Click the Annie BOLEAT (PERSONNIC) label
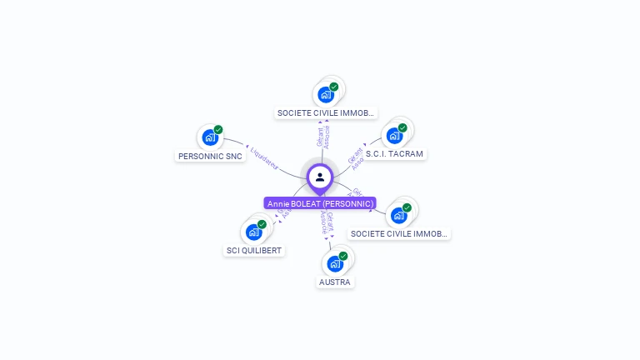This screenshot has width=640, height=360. pos(320,203)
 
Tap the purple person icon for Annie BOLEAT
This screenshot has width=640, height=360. pos(320,177)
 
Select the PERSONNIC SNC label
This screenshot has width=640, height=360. pos(210,156)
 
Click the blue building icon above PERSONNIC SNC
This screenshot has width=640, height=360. pos(209,137)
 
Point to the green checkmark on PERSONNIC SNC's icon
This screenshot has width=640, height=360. pos(218,130)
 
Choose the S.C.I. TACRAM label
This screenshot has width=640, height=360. pos(394,154)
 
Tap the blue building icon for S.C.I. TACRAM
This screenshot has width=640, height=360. pos(394,135)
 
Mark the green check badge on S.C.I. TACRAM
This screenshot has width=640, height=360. pos(402,127)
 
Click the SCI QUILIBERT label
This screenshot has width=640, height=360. pos(254,250)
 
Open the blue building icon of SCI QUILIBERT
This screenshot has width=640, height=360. pos(253,232)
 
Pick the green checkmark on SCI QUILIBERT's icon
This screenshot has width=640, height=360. pos(262,224)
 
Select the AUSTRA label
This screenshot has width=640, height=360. pos(335,282)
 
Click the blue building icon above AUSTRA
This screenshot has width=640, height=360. pos(335,263)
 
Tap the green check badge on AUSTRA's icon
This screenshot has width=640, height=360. pos(343,256)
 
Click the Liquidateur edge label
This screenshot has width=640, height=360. pos(263,158)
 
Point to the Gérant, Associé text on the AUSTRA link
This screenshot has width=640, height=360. pos(327,222)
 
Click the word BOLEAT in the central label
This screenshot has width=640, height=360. pos(306,203)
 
